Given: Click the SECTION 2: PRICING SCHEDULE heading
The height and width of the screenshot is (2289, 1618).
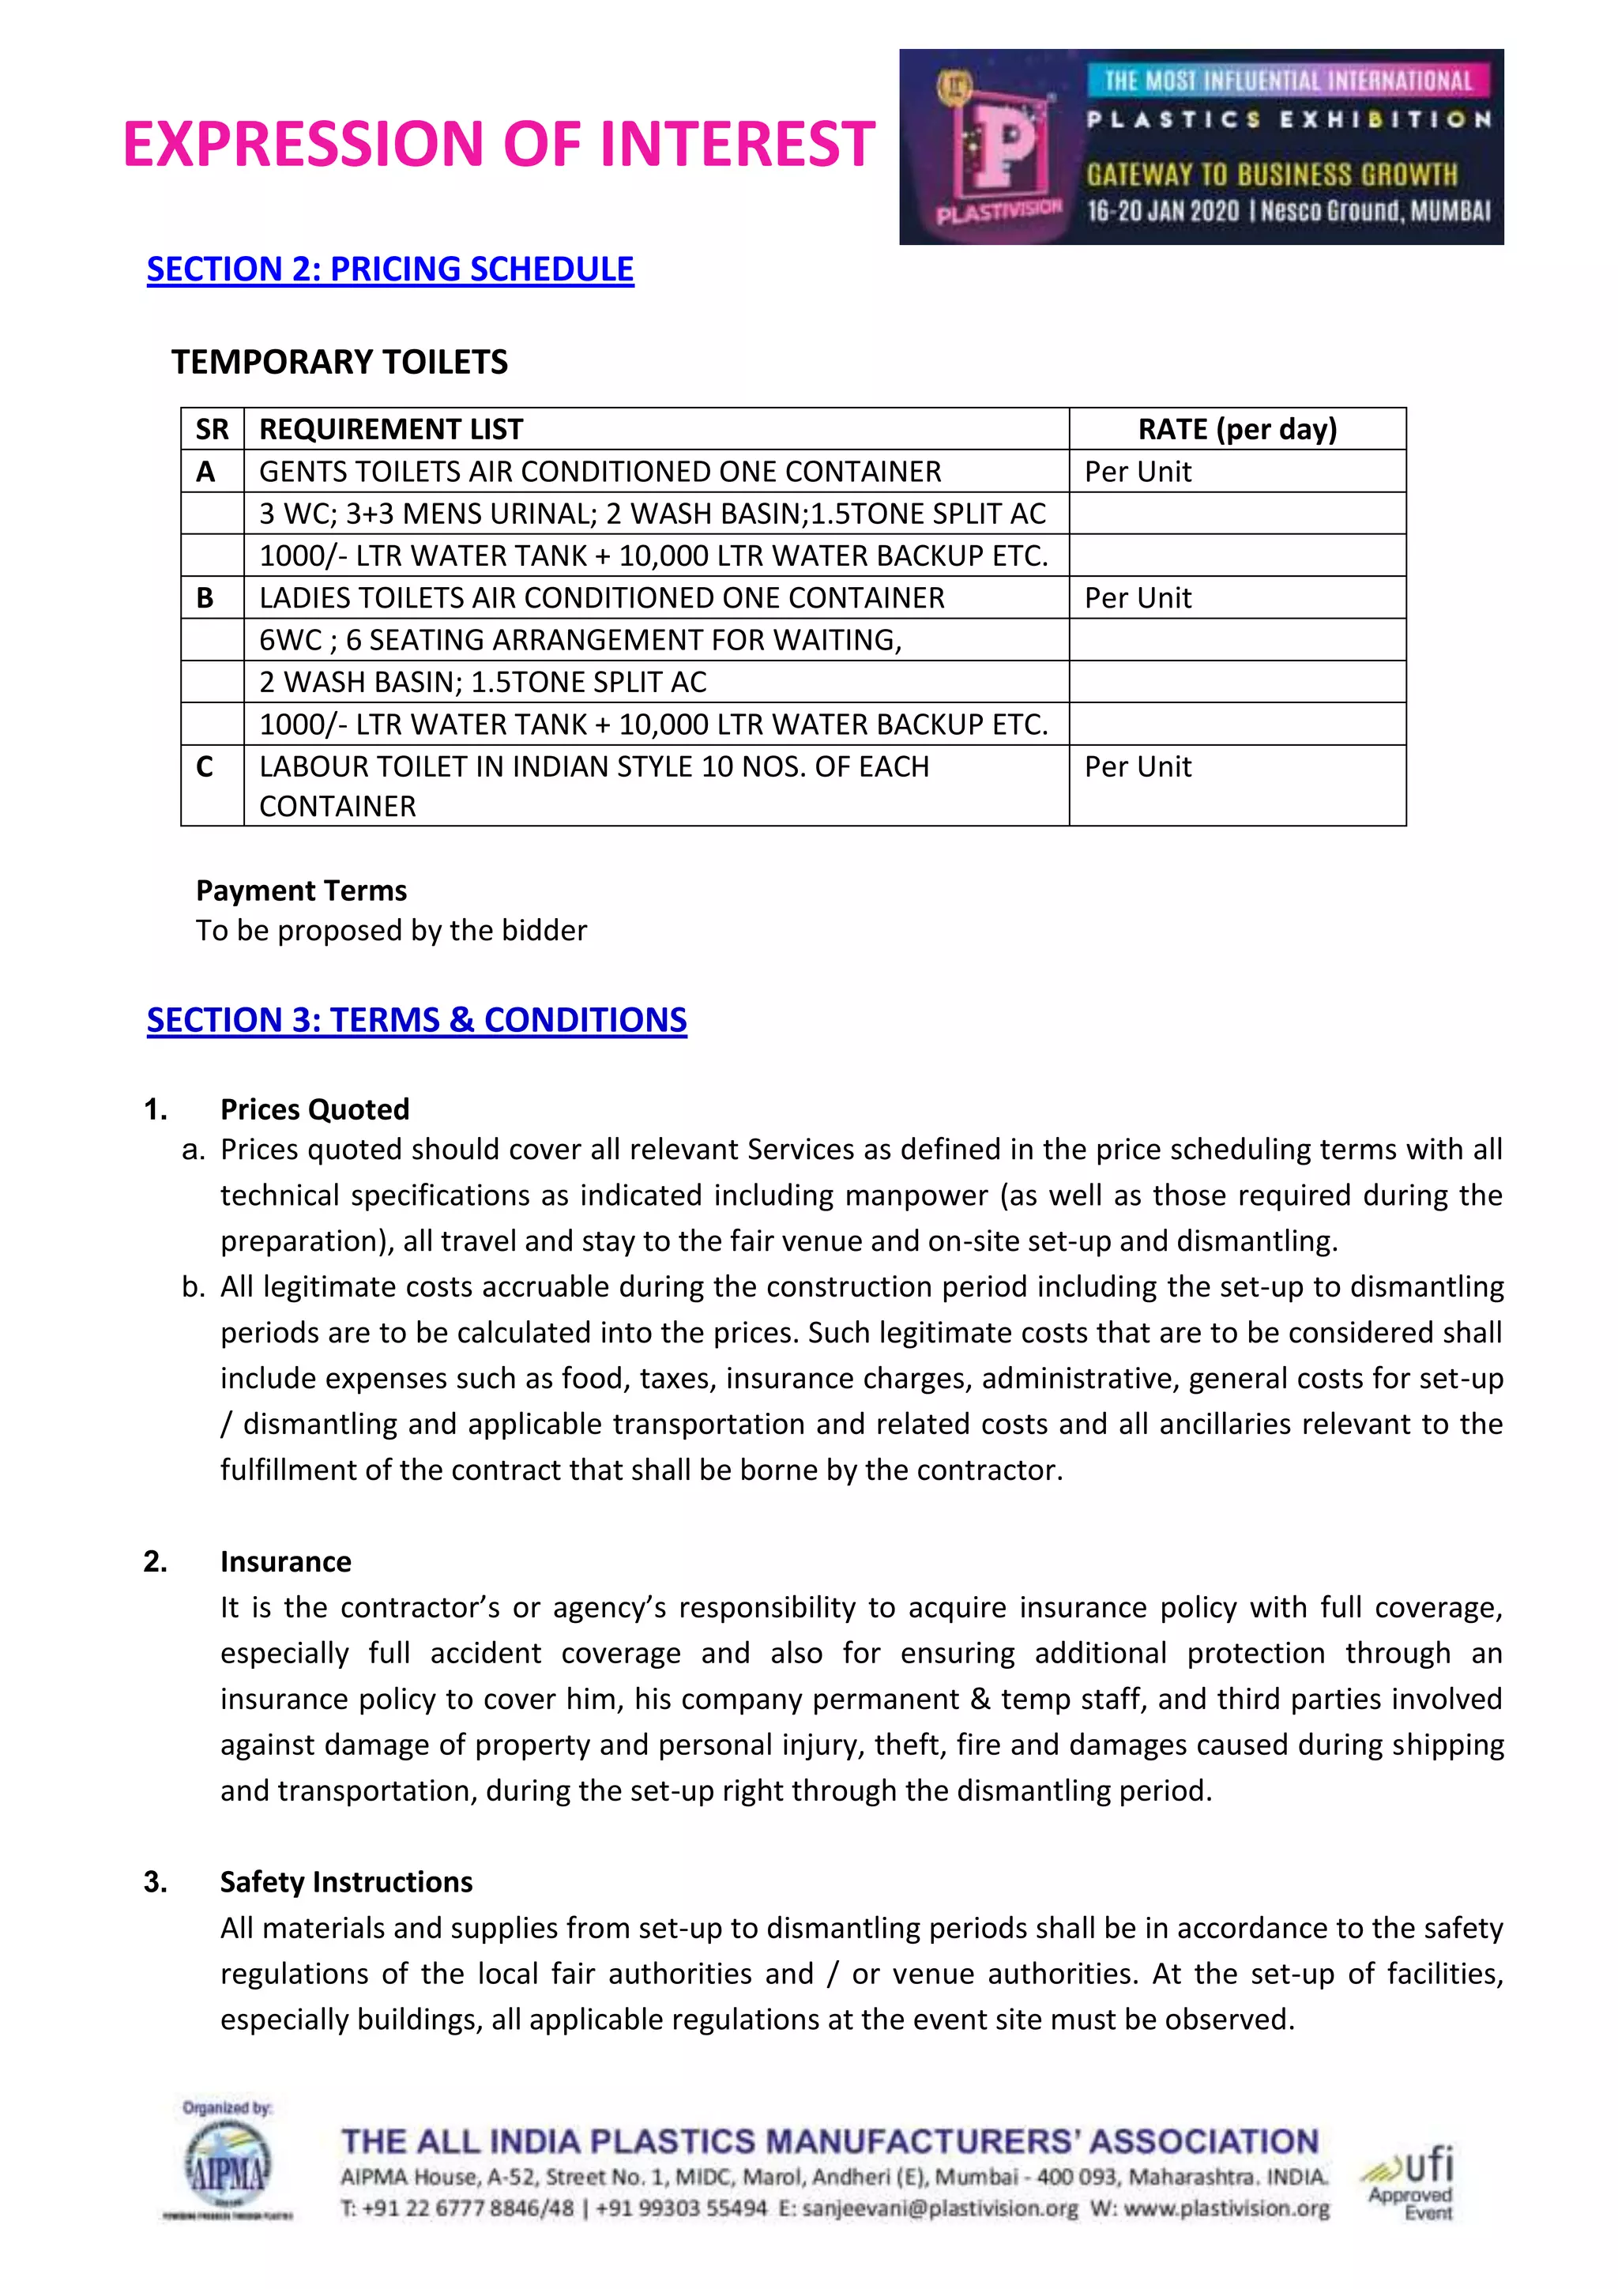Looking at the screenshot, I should (x=389, y=269).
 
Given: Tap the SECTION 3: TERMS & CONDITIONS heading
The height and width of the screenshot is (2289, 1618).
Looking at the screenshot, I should (x=416, y=1020).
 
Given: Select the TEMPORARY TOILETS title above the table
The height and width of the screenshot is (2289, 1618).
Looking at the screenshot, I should (x=339, y=362).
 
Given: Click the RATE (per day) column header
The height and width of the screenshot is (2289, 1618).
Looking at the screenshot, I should (x=1237, y=429).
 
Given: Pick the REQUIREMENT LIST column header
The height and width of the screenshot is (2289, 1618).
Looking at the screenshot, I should (x=391, y=429).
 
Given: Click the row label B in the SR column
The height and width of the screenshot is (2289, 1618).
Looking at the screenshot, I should (x=205, y=597).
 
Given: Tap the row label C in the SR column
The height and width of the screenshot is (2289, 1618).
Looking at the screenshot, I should (x=205, y=766).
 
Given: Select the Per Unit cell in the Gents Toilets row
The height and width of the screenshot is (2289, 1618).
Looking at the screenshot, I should (x=1138, y=472).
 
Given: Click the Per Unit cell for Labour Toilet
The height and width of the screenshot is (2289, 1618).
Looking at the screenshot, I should (x=1138, y=766).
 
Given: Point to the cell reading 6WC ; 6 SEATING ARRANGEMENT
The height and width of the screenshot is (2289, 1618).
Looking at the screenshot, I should (x=580, y=640).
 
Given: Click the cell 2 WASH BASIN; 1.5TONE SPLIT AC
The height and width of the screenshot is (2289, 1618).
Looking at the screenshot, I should (x=483, y=682).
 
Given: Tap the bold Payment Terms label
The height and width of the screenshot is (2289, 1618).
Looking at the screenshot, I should (x=301, y=890).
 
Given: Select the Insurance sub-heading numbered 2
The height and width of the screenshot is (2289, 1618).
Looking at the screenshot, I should (x=285, y=1561).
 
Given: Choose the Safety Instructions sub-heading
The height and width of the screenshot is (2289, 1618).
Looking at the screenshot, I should (x=346, y=1881).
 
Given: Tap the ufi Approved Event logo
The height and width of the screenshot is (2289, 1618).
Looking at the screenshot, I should (x=1412, y=2183).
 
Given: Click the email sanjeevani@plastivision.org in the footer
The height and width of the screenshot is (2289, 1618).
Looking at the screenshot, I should (x=939, y=2209).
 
